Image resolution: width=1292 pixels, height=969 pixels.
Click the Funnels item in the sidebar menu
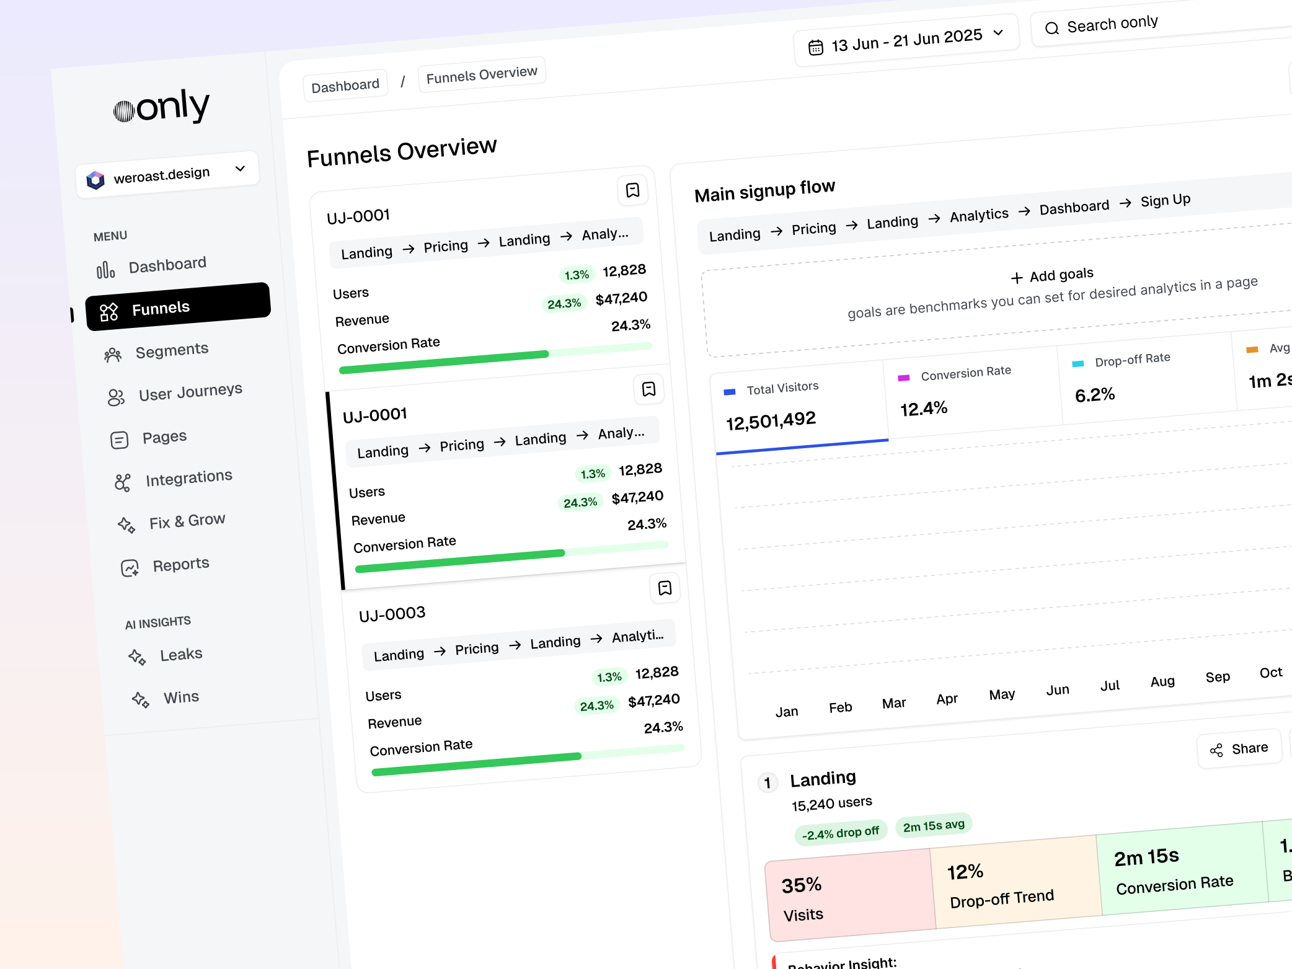point(178,307)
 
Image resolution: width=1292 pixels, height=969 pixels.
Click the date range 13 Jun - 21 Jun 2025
point(906,40)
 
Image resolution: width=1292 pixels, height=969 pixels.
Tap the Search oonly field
point(1159,24)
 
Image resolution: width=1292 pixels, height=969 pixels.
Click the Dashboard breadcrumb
point(345,85)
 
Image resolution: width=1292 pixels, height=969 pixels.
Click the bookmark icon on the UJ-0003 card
point(665,588)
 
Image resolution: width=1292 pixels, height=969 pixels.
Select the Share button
point(1239,749)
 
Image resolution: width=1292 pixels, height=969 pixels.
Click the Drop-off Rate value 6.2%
point(1095,394)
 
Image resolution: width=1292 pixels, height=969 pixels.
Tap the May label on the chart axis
point(1002,694)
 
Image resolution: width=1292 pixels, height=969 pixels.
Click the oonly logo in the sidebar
point(162,107)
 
